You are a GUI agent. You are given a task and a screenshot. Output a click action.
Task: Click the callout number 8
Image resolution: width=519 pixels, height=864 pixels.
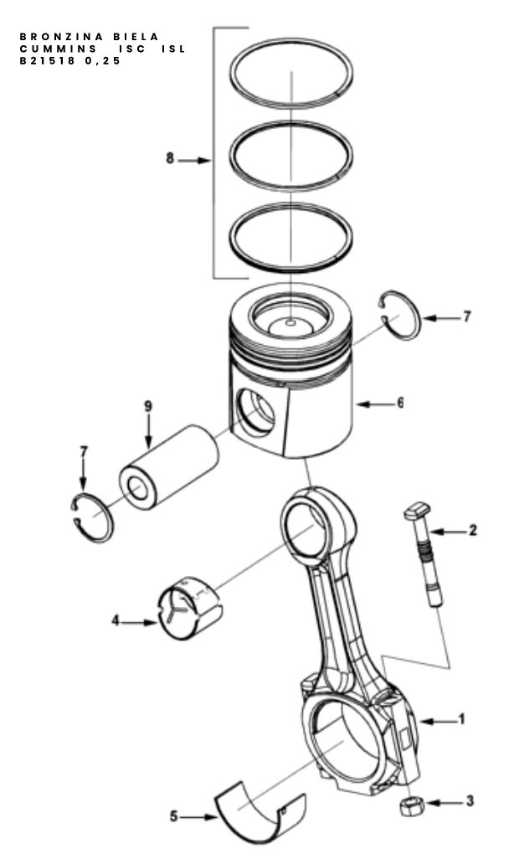pos(170,159)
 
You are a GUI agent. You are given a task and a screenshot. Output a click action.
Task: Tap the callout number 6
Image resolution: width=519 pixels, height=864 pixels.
pos(400,403)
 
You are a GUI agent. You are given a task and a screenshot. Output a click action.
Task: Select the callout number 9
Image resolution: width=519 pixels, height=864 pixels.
pos(147,407)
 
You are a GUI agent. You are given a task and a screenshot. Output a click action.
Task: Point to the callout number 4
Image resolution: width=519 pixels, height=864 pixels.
pos(116,620)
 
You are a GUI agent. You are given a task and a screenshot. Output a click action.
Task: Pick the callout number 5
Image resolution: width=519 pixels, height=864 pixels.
pos(174,816)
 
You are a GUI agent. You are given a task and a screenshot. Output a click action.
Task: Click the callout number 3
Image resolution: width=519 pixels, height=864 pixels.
pos(470,800)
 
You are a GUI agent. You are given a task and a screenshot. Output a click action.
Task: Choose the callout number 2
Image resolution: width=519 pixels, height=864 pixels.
pos(473,530)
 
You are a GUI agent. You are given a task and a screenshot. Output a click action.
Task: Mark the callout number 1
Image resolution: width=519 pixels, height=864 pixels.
pos(462,719)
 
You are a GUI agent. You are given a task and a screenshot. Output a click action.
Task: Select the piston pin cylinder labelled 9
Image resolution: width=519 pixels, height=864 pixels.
pos(168,466)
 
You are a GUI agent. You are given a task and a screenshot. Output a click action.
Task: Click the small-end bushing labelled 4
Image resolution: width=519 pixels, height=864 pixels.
pos(190,609)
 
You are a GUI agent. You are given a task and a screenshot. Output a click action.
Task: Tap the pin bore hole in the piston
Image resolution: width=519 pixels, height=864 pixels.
pos(255,411)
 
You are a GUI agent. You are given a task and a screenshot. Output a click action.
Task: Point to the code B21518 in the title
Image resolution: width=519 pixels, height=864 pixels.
pos(47,61)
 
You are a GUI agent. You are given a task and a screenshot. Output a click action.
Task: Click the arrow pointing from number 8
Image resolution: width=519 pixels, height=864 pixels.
pos(194,161)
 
